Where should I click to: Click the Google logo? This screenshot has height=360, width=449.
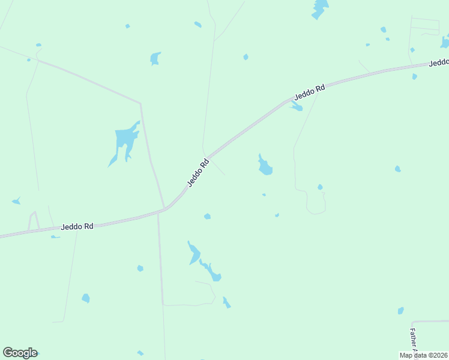point(20,353)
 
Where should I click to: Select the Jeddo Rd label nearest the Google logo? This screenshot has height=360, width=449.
point(77,227)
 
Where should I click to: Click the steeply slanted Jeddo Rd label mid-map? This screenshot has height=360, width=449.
point(197,173)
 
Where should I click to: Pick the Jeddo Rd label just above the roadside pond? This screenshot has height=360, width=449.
point(309,92)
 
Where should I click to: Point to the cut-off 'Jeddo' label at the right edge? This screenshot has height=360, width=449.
point(439,62)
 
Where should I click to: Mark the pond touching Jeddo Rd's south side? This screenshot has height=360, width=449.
point(296,107)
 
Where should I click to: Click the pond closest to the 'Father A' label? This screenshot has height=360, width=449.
point(400,310)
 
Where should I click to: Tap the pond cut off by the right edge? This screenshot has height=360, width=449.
point(445,42)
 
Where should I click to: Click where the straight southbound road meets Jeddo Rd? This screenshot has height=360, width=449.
point(158,212)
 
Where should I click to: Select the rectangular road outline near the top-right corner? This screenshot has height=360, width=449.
point(425,24)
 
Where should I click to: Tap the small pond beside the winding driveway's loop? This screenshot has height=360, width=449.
point(320,187)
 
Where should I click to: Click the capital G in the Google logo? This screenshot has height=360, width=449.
point(8,353)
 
